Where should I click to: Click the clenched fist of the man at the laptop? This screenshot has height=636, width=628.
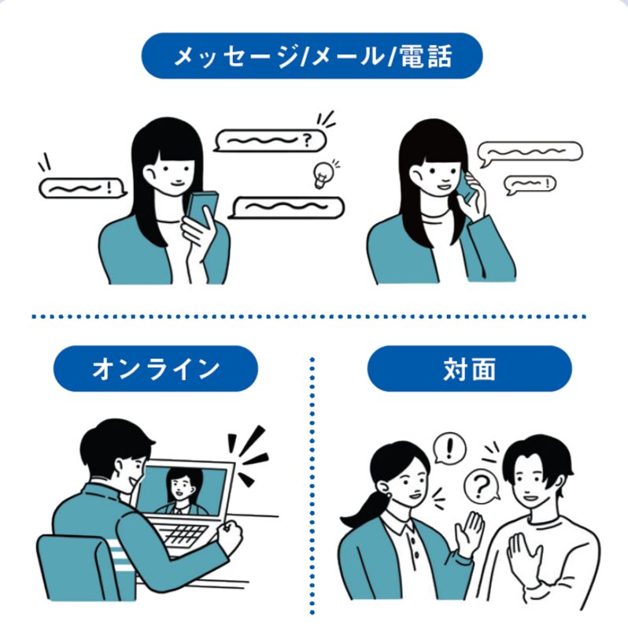click(x=231, y=537)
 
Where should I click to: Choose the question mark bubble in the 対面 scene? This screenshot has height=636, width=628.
click(x=478, y=487)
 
